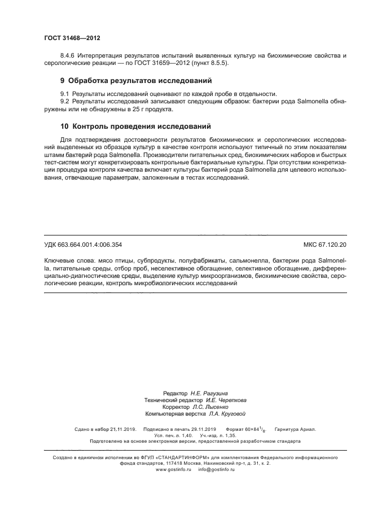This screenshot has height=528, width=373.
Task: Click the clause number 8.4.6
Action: [x=68, y=55]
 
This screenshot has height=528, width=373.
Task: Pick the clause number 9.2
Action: [x=65, y=101]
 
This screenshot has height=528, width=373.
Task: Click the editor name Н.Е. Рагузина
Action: [x=209, y=392]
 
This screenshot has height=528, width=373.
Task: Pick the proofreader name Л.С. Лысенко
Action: [x=204, y=406]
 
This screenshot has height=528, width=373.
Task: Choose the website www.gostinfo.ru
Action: [x=174, y=469]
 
